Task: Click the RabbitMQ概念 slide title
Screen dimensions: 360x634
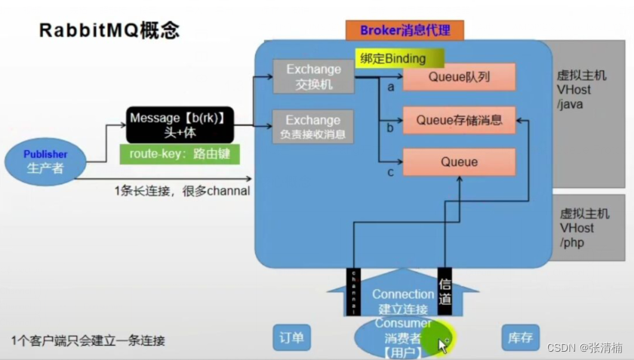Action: pos(109,32)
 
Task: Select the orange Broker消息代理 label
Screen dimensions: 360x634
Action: pos(405,30)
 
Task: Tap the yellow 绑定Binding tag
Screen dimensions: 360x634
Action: pos(399,58)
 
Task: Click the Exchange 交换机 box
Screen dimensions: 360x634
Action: pos(313,76)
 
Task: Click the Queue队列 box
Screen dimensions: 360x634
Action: pos(459,76)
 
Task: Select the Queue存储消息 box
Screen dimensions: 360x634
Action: pos(459,119)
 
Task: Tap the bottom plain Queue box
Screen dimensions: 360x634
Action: pos(459,162)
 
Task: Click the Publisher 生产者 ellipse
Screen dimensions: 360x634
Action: pos(45,161)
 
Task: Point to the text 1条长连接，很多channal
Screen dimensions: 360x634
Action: pos(182,191)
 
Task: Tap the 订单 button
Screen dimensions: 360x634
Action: pos(291,338)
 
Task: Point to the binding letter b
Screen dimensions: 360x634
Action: pos(390,128)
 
